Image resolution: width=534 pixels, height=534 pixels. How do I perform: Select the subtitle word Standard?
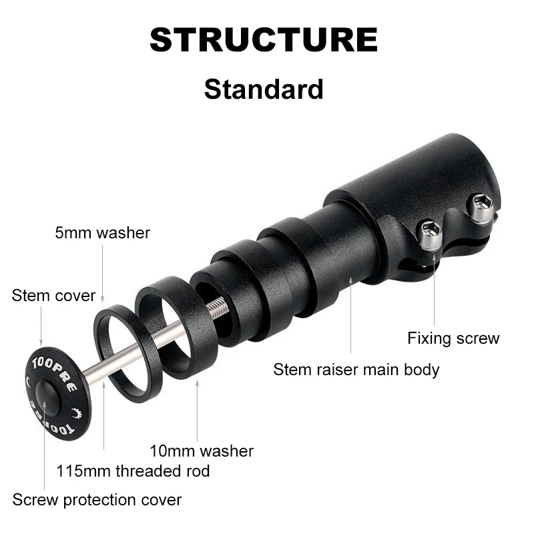click(264, 89)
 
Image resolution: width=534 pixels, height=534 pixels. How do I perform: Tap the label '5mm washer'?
click(102, 233)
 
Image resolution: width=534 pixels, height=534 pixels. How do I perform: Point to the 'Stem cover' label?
click(53, 295)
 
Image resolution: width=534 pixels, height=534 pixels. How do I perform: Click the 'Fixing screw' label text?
click(453, 338)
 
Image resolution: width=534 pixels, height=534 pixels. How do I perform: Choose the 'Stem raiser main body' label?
click(356, 369)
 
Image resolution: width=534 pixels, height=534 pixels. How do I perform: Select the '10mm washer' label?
click(202, 451)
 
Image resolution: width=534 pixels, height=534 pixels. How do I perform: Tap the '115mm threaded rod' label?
click(133, 471)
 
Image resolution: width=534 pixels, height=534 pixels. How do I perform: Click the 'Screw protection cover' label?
click(97, 499)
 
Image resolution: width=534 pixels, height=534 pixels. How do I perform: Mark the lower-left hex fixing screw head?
click(431, 234)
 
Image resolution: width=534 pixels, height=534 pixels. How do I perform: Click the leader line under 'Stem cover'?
click(41, 326)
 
